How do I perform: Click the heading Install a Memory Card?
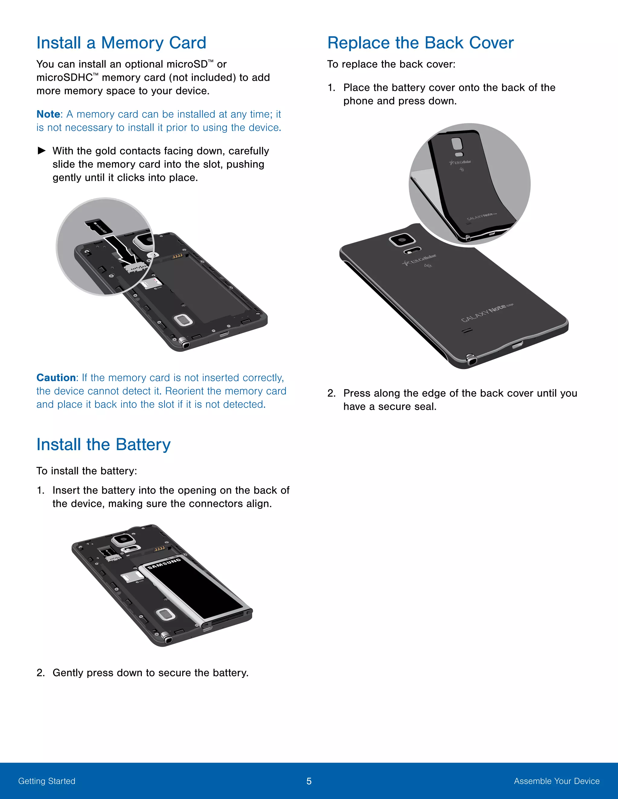point(121,43)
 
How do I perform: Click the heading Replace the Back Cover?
point(420,43)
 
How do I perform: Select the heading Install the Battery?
point(104,444)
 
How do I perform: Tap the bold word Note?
point(48,114)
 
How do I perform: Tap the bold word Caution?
point(56,377)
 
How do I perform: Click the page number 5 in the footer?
point(309,781)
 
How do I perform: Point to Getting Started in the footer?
point(47,781)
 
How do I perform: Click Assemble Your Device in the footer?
point(556,781)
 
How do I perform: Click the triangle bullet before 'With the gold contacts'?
point(42,151)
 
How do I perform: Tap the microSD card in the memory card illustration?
point(98,228)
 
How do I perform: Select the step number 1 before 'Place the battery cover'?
point(331,88)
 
